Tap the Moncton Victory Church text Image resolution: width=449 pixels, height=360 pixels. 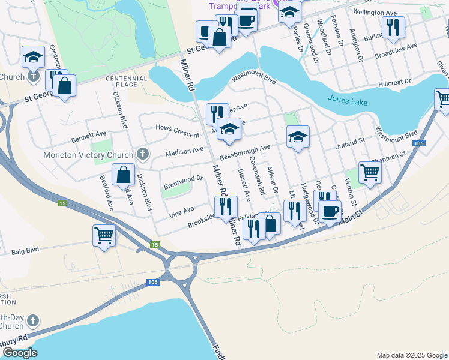88,155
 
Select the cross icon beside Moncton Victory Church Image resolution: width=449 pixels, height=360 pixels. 143,154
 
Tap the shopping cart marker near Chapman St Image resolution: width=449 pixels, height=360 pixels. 370,172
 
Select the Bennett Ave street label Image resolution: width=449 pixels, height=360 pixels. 89,137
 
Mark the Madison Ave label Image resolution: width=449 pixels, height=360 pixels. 185,152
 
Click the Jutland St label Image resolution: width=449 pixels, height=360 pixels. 351,141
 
